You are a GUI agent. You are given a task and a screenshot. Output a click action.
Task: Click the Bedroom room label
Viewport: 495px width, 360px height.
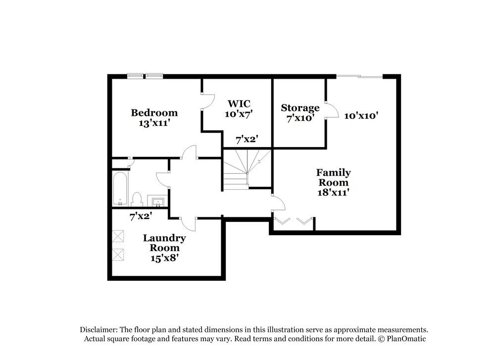coord(154,113)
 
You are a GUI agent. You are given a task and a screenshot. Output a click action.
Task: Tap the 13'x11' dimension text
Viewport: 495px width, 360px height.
coord(154,123)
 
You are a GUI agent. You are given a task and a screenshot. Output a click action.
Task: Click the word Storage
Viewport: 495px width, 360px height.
coord(300,108)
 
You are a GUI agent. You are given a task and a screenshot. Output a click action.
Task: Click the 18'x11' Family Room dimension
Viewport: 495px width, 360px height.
coord(334,193)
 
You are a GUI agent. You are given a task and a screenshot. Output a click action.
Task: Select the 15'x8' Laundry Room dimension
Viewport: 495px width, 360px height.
coord(164,257)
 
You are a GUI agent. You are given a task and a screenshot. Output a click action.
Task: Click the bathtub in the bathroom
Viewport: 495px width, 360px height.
coord(120,188)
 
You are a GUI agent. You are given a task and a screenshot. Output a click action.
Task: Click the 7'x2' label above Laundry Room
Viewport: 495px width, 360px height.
coord(141,216)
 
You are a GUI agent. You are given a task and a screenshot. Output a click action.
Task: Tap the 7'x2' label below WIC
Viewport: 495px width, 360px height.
coord(247,140)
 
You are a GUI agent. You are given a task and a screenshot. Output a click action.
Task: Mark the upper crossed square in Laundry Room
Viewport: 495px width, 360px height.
coord(118,235)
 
